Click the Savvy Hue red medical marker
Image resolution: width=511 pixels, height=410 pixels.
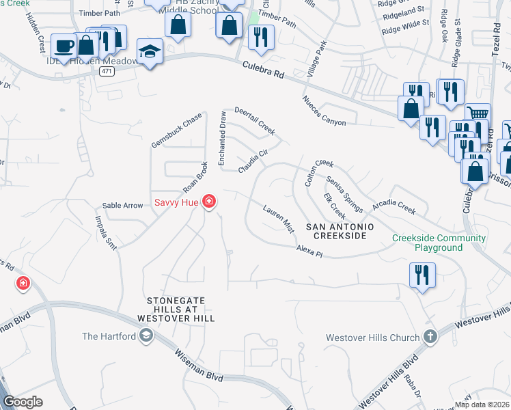click(x=209, y=202)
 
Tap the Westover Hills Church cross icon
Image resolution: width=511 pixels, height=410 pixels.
click(x=429, y=337)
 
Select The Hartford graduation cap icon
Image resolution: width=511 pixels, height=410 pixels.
click(x=146, y=336)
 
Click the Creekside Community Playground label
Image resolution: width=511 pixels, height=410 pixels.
click(x=439, y=243)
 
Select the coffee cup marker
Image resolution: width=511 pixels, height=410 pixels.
click(x=64, y=46)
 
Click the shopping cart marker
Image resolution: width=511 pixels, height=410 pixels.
click(x=478, y=115)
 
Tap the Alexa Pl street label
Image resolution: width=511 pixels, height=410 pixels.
click(x=309, y=252)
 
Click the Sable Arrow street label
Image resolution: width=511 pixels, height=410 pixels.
click(x=122, y=205)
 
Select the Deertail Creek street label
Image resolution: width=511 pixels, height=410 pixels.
click(x=255, y=120)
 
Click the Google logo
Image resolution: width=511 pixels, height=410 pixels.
click(x=23, y=402)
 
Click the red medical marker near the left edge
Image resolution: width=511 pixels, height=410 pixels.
click(x=23, y=283)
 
